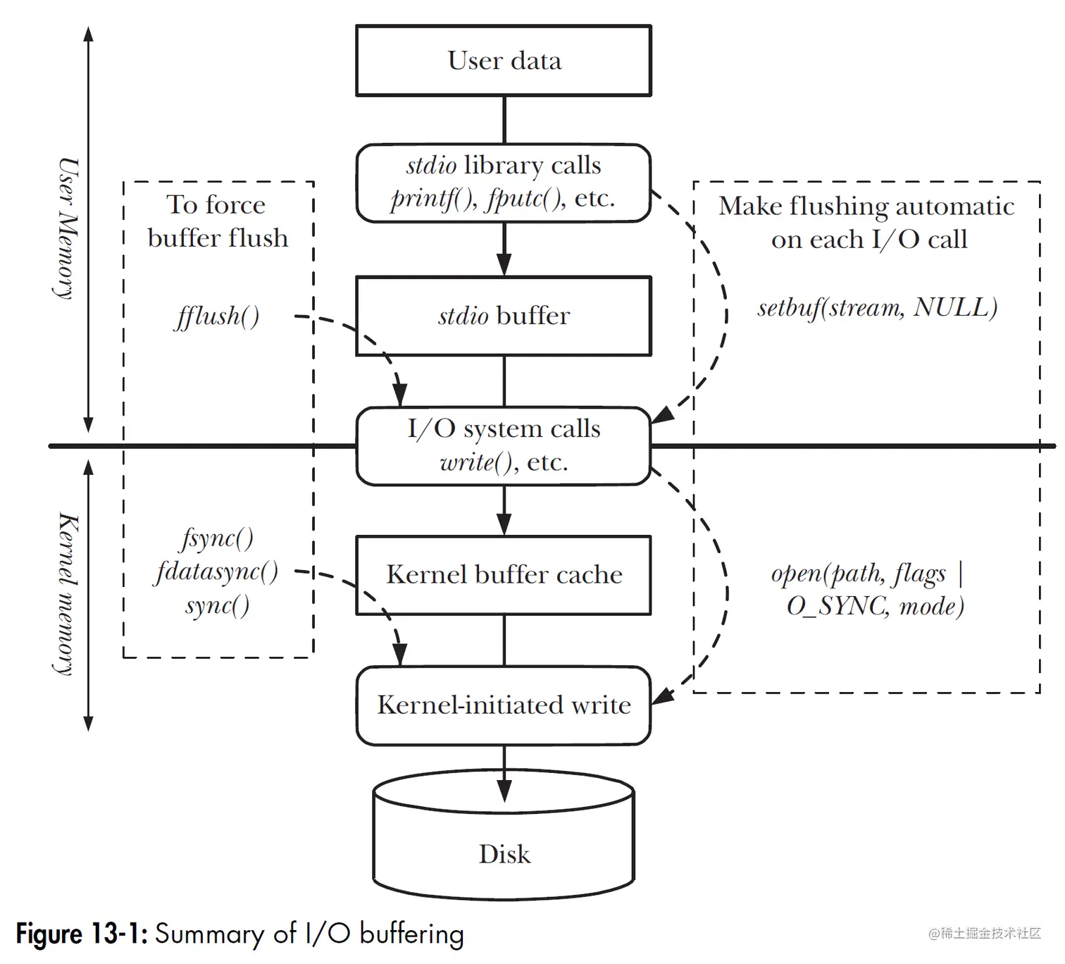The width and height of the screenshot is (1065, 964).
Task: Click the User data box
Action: coord(504,61)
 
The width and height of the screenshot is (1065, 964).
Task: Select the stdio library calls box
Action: coord(504,183)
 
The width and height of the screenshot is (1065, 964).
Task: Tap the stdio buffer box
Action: coord(504,316)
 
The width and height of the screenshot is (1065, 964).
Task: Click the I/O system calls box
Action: coord(504,445)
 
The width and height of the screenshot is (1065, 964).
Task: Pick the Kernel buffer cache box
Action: coord(504,575)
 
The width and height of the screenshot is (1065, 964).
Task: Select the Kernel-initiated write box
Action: coord(504,705)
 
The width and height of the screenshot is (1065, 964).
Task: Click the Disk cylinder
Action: coord(504,846)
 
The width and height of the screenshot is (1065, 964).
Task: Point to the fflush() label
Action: coord(217,316)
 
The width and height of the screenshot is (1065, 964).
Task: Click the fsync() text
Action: coord(217,538)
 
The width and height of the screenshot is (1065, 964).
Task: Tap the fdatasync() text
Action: coord(217,571)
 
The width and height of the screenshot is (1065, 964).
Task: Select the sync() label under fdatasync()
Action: coord(217,605)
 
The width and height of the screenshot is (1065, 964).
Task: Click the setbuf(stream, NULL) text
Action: coord(877,308)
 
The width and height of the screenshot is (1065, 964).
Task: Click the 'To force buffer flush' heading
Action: coord(217,221)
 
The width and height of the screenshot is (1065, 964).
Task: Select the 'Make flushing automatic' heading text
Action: coord(866,206)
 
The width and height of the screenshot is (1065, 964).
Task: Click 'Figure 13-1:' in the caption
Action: coord(82,934)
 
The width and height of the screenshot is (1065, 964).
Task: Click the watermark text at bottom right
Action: coord(985,934)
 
